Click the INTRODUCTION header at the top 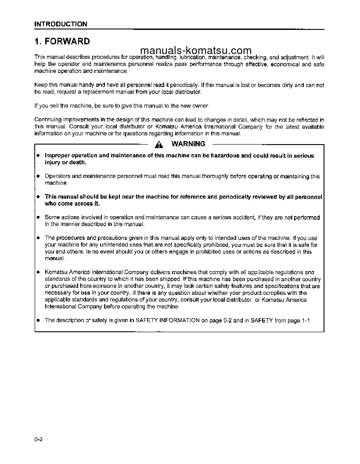(x=61, y=24)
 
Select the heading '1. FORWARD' (x=62, y=42)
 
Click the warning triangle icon (x=158, y=144)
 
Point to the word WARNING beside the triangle (x=188, y=144)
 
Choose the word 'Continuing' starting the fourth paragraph (x=48, y=120)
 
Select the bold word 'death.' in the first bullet (x=77, y=162)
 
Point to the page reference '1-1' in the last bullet (x=306, y=320)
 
